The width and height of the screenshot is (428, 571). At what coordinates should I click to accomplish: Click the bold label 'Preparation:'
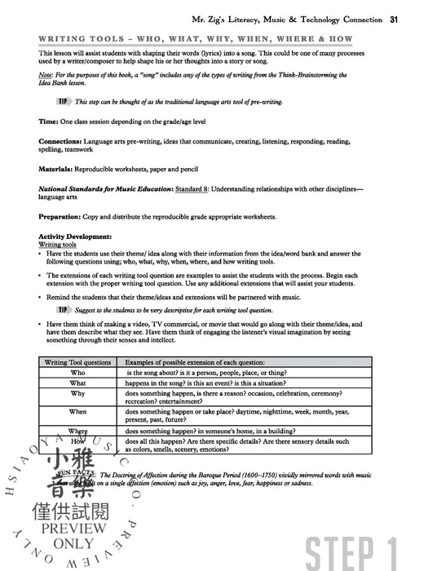coord(60,217)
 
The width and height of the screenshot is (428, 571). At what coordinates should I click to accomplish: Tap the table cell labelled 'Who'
coord(77,372)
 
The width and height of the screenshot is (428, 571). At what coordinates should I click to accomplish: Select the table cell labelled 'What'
coord(77,383)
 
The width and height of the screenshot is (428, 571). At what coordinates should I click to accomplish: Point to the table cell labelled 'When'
coord(77,413)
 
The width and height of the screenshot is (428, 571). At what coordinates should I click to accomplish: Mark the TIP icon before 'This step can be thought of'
coord(61,101)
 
